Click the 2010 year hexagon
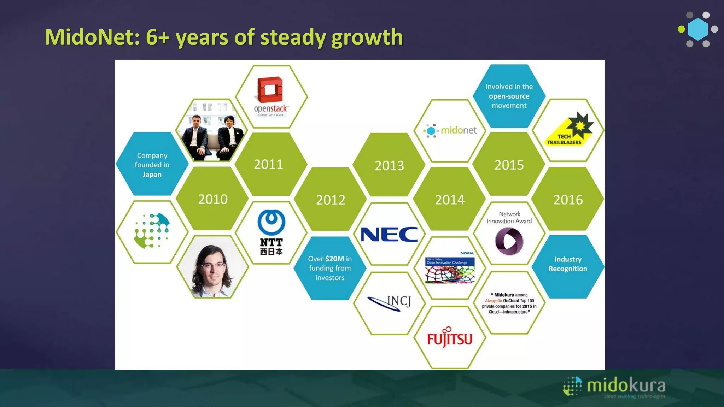click(x=212, y=199)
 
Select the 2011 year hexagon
click(x=268, y=165)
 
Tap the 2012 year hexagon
click(x=331, y=200)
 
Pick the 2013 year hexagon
click(x=389, y=166)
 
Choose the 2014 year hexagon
click(x=450, y=200)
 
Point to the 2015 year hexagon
click(x=509, y=165)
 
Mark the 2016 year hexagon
click(x=568, y=200)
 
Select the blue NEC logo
click(x=389, y=235)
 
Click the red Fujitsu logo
click(x=450, y=338)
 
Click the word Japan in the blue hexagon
click(x=152, y=175)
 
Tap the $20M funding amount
click(x=334, y=259)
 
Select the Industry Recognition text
click(x=568, y=264)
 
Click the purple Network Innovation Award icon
click(x=509, y=241)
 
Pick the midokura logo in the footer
click(x=614, y=387)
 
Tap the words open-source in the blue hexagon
click(x=509, y=96)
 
